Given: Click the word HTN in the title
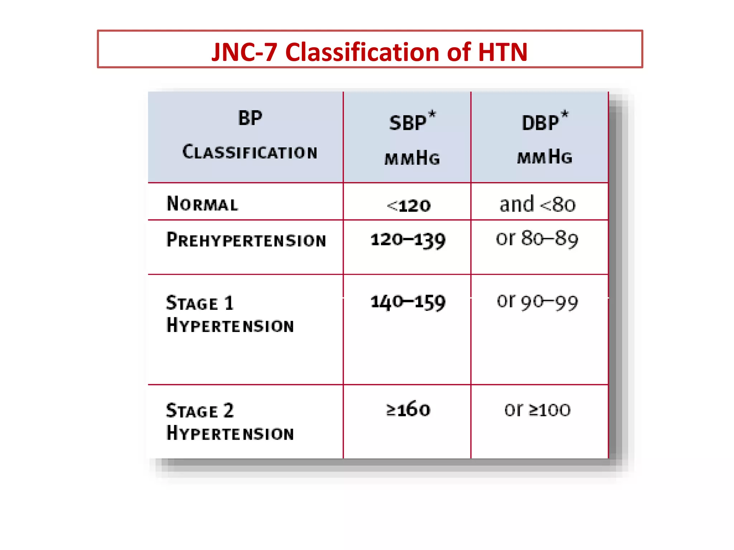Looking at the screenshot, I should (x=502, y=52).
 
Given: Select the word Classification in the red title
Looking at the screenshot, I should (x=362, y=52).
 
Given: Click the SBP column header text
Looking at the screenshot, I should (x=407, y=123).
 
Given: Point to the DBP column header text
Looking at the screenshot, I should (x=540, y=123).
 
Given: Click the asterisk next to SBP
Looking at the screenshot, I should (x=432, y=115).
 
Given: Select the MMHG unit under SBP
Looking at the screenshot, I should (x=412, y=158).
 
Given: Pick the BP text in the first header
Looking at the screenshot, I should (x=250, y=118).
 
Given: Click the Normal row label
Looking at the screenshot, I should (x=202, y=204).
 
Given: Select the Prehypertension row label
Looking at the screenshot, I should (x=246, y=240).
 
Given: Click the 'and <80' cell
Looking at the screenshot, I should (x=537, y=204).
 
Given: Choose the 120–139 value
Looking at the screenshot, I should (x=408, y=240).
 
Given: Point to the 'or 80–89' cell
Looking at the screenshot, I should (x=537, y=238).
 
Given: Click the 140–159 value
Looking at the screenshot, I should (x=408, y=302).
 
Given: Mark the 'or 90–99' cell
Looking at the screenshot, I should (x=537, y=301).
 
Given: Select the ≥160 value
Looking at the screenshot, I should (x=408, y=409).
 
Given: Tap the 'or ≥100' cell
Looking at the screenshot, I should (x=537, y=409).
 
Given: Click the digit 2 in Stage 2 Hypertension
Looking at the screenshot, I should (x=229, y=410).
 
